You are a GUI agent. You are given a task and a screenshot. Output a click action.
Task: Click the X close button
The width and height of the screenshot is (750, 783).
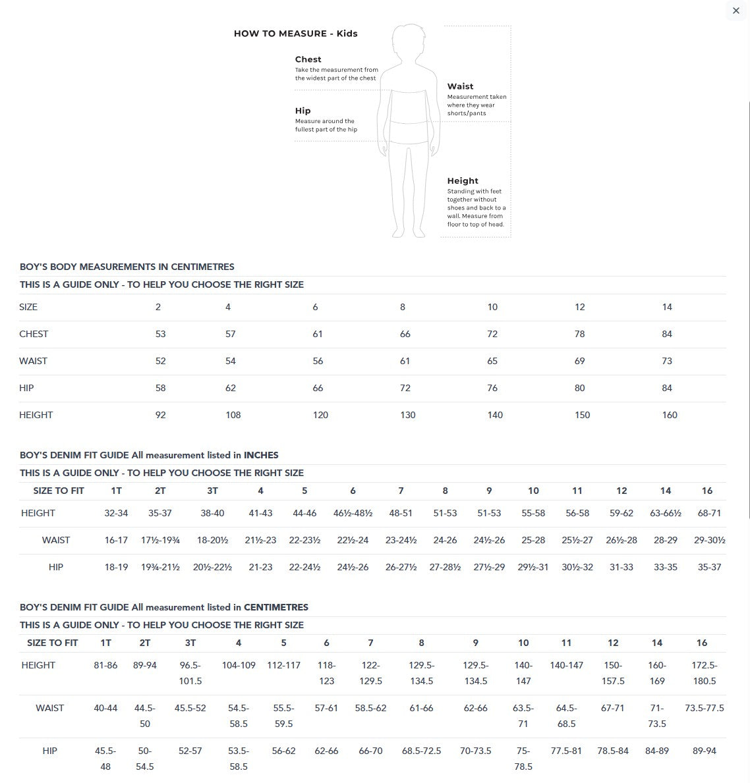736,11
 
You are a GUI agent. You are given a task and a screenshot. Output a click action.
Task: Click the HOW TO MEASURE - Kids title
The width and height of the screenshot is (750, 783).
295,34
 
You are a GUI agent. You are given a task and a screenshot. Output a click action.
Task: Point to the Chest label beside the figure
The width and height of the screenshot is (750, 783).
308,59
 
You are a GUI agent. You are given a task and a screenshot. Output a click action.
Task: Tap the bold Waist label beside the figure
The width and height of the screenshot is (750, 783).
460,86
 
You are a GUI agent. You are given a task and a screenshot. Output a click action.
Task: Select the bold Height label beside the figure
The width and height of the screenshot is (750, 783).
463,180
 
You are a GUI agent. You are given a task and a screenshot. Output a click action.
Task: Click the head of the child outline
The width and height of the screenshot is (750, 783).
408,41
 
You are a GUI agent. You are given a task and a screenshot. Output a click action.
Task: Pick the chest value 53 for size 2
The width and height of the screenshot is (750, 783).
160,334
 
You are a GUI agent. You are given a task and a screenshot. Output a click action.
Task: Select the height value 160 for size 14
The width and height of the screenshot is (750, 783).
670,415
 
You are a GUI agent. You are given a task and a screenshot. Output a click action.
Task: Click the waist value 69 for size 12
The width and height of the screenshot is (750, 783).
579,361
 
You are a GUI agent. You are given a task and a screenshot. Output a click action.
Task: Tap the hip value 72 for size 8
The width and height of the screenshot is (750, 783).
405,388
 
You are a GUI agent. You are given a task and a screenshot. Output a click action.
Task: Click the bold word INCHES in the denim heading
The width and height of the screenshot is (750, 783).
261,455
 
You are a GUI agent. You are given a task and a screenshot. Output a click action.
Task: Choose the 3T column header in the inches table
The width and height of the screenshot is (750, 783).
212,491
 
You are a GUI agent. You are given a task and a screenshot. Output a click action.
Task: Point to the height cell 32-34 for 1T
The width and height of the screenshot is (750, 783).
116,513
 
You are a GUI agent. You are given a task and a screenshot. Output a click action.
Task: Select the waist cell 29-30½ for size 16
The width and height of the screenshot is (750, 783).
709,540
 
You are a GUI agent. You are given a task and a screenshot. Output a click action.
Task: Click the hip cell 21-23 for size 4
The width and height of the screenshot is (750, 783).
260,567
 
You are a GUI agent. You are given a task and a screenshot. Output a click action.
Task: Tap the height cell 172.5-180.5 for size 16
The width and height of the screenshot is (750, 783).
704,673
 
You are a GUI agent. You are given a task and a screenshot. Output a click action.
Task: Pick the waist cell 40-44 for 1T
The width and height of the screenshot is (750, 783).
105,708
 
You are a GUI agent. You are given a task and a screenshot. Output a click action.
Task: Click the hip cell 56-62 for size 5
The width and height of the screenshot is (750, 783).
283,751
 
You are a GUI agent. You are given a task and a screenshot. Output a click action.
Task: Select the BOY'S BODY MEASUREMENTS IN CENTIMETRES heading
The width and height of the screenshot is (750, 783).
127,267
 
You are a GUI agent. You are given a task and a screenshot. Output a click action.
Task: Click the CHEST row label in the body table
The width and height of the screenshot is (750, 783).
34,334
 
